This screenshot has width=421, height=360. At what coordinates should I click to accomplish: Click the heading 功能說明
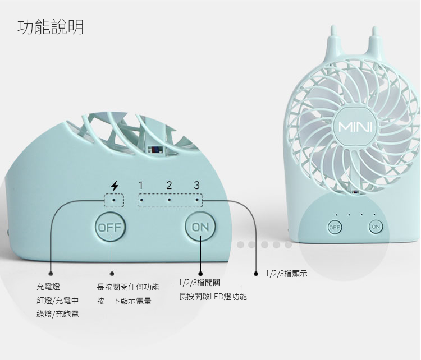51,26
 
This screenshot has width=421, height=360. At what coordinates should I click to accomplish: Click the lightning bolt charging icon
115,186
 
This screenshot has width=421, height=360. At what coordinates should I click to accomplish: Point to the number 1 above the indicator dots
141,186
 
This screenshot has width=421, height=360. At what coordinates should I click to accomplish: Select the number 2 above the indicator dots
169,186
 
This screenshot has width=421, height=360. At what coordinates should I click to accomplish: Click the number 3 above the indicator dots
196,186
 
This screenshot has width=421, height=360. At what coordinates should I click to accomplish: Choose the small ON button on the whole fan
376,227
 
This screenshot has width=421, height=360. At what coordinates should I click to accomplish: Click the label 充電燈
49,287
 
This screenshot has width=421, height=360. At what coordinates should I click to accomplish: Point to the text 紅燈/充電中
58,301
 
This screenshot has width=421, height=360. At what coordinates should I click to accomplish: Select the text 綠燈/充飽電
58,315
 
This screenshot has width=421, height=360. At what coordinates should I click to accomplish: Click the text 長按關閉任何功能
128,287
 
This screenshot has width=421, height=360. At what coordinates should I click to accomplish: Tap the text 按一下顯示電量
124,301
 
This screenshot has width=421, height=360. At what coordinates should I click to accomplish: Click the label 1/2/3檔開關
199,283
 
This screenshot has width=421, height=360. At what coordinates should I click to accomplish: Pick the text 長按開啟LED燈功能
213,297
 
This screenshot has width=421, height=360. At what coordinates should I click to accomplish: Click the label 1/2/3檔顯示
287,274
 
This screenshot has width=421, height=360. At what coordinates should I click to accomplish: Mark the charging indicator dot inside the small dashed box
115,200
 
